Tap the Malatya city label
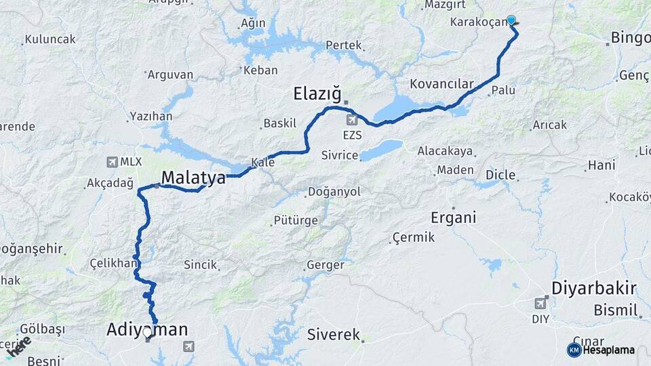point(193,178)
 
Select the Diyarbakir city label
point(593,288)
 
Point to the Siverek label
point(334,334)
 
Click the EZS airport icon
point(352,121)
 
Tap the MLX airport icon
point(112,162)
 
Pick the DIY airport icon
point(540,302)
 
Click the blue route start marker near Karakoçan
point(511,20)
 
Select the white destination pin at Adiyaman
point(149,333)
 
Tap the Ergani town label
point(454,218)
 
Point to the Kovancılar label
point(441,84)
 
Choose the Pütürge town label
point(296,220)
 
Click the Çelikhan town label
point(114,263)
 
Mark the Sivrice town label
point(340,155)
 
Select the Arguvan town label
point(170,75)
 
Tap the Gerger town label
point(325,265)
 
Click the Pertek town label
point(344,45)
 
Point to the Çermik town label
point(413,237)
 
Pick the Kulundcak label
point(50,39)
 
